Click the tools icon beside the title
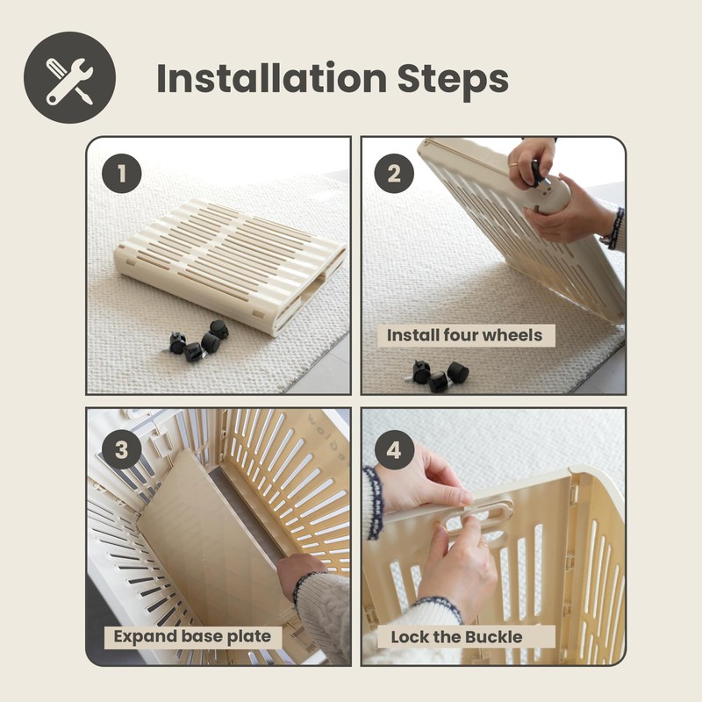click(70, 77)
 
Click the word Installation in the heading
click(272, 78)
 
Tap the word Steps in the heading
click(453, 80)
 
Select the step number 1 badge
click(122, 174)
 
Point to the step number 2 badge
click(394, 174)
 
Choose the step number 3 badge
click(122, 449)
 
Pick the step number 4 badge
click(394, 449)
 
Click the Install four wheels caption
click(466, 335)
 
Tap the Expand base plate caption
click(192, 637)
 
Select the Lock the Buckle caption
click(456, 637)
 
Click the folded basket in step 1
click(231, 264)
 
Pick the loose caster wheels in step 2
click(437, 376)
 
